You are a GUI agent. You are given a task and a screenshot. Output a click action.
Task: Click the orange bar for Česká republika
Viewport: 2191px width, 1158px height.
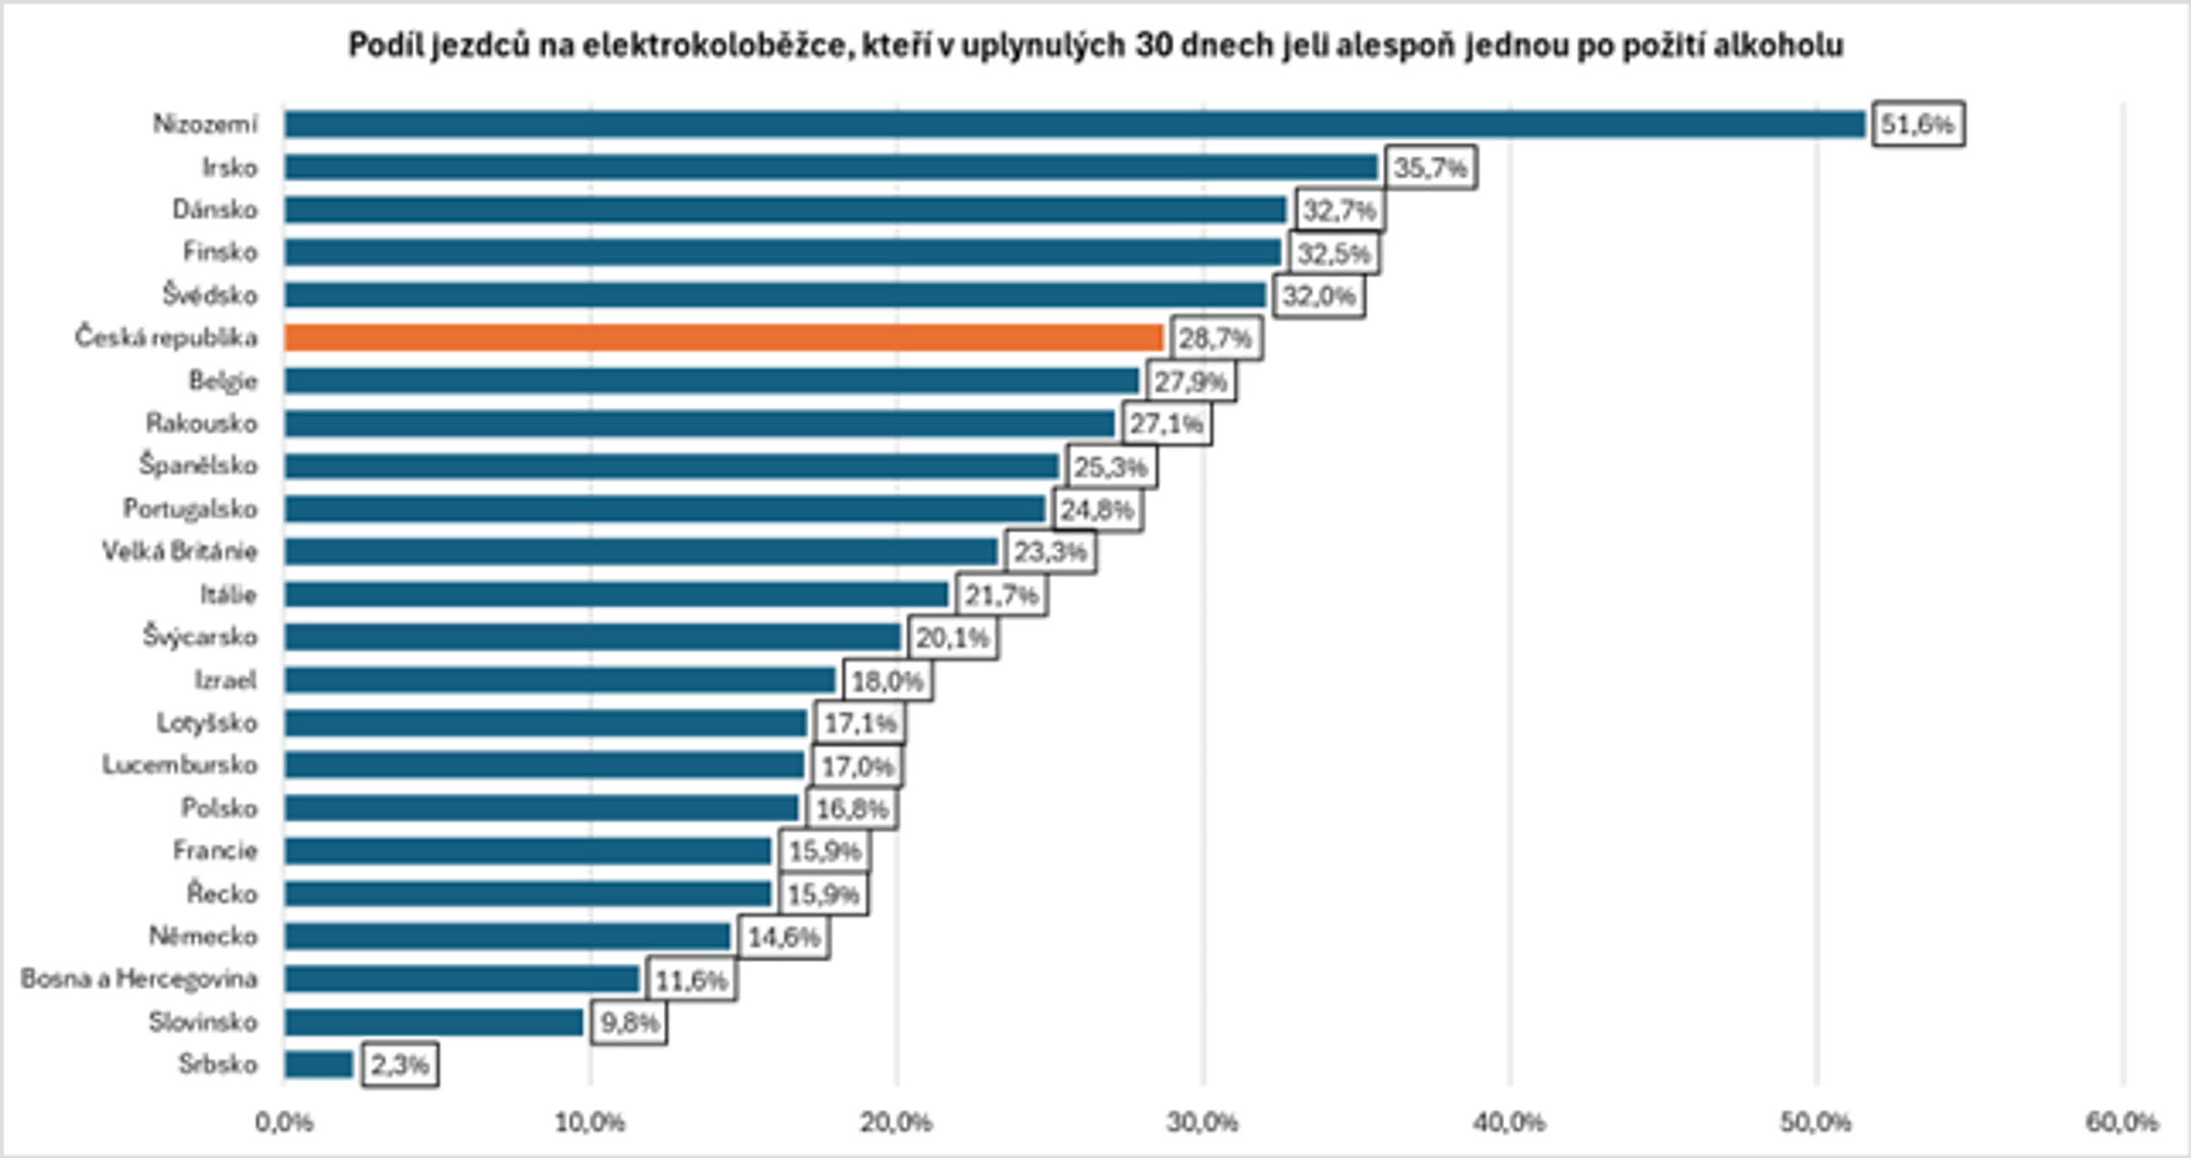pos(723,338)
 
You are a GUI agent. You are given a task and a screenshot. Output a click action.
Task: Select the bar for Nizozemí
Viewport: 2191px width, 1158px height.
pos(1074,124)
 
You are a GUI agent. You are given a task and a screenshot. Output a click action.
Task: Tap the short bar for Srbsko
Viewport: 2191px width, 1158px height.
pos(319,1064)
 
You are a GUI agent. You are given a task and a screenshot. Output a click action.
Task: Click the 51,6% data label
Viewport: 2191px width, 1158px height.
pos(1917,124)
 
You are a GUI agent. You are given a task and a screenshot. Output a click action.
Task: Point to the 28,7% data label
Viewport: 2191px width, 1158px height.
pos(1215,339)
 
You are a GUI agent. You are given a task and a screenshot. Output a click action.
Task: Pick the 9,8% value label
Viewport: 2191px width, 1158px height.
pos(629,1023)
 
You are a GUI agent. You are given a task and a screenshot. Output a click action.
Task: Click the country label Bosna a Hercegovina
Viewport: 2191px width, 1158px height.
pos(140,979)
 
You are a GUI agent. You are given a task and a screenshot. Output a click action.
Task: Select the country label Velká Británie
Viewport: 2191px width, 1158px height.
pos(180,551)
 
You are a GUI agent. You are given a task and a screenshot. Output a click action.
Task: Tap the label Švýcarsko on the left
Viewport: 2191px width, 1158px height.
pos(200,636)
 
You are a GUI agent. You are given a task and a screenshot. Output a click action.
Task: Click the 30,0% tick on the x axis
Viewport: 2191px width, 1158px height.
pos(1203,1122)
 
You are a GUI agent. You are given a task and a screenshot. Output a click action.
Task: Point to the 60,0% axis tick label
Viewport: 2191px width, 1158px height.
pos(2123,1122)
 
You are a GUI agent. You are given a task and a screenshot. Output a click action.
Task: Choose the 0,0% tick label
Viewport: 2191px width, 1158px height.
pos(284,1122)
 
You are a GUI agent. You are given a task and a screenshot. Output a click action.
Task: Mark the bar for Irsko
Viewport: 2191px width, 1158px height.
pos(831,167)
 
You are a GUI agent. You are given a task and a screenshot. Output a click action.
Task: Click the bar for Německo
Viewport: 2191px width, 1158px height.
pos(508,936)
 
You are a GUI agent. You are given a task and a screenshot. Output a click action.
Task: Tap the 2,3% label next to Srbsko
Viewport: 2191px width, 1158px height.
pos(400,1065)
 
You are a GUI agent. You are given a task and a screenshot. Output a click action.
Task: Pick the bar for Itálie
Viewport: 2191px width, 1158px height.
pos(617,595)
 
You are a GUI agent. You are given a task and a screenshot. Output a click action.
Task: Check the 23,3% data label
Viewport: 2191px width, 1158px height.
pos(1051,552)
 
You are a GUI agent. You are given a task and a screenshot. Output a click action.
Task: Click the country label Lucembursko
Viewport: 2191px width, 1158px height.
pos(180,765)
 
